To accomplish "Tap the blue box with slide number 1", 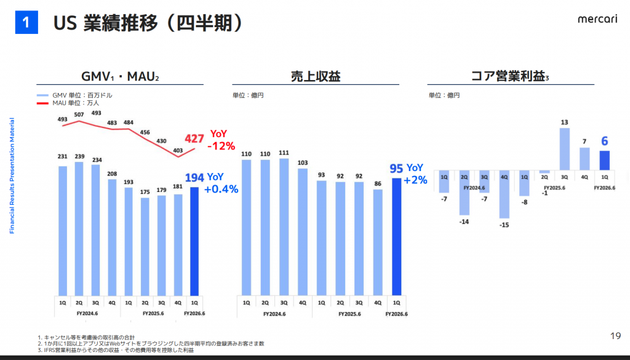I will tap(26, 23).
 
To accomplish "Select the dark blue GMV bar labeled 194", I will tap(194, 241).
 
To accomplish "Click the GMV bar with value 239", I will tap(79, 228).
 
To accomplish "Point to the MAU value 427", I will tap(194, 138).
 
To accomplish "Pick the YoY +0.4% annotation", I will tap(220, 183).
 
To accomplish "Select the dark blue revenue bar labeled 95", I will tap(396, 237).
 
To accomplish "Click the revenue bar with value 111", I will tap(284, 227).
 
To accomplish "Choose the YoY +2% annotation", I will tap(415, 174).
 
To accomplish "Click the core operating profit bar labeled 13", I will tap(564, 149).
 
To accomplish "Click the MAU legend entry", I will tap(68, 103).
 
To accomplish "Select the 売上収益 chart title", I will tap(316, 76).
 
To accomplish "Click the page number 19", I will tap(615, 335).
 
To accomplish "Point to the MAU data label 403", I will tap(178, 150).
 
